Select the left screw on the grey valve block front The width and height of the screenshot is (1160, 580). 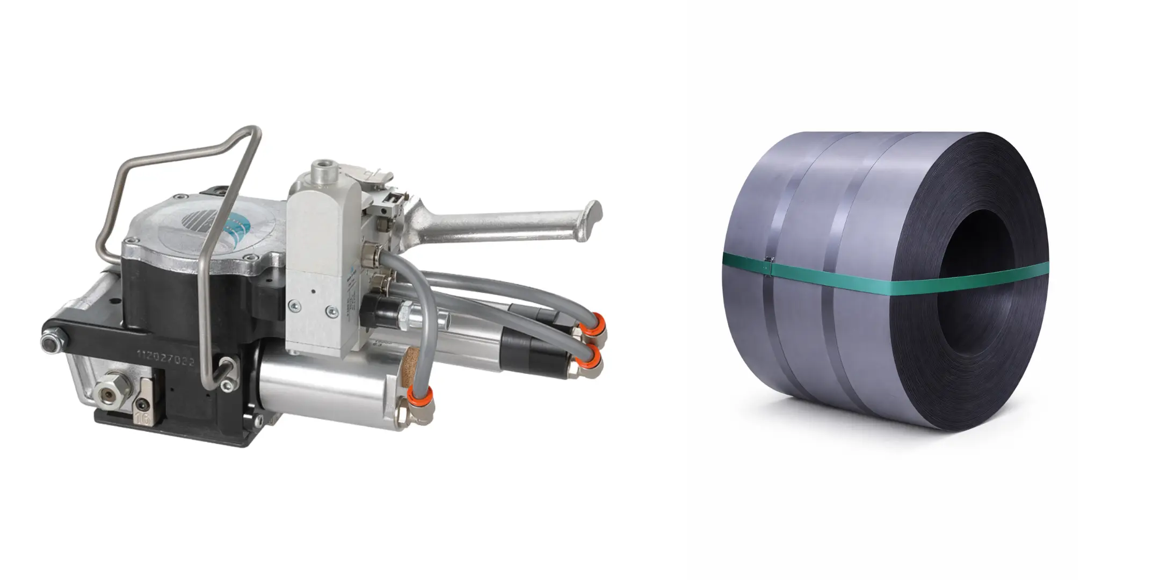(294, 306)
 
